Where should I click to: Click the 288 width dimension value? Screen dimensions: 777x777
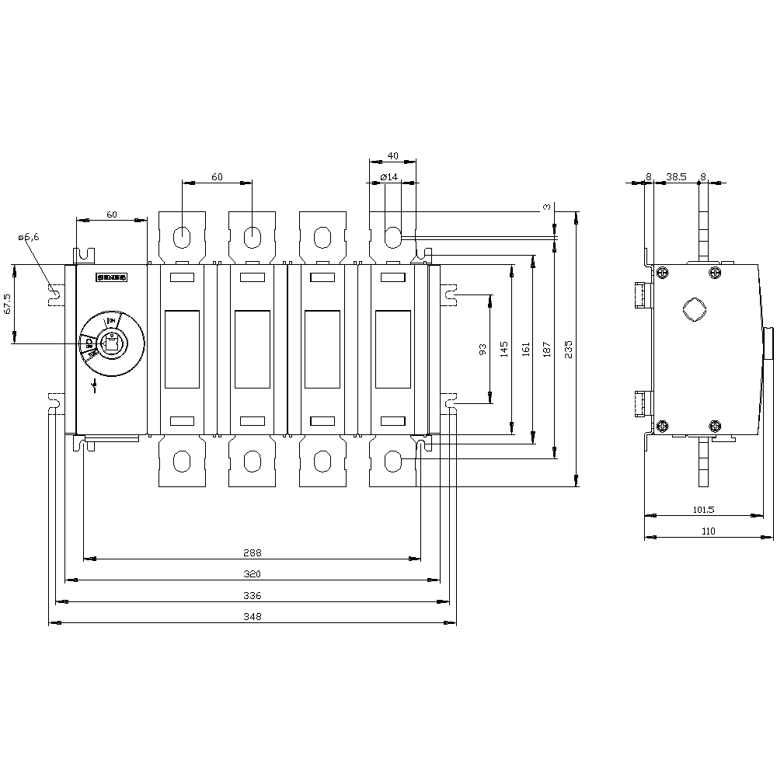coord(252,553)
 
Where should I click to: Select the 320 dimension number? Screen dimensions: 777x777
coord(252,575)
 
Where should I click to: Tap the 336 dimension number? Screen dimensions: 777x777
coord(252,596)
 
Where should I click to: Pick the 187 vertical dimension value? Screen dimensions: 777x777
coord(548,349)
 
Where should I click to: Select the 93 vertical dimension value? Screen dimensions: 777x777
coord(483,350)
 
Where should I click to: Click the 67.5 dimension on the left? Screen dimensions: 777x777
coord(8,303)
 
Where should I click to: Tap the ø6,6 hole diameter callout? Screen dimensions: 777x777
coord(28,238)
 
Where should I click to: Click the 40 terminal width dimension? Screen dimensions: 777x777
coord(392,155)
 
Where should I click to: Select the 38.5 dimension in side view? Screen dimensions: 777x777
coord(676,177)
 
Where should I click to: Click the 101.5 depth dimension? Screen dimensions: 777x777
coord(702,510)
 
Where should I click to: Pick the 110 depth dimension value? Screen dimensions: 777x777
coord(708,531)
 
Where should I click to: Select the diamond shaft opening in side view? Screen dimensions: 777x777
coord(692,308)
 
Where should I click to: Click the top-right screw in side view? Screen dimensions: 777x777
coord(715,273)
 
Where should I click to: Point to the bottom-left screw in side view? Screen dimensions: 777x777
coord(663,425)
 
